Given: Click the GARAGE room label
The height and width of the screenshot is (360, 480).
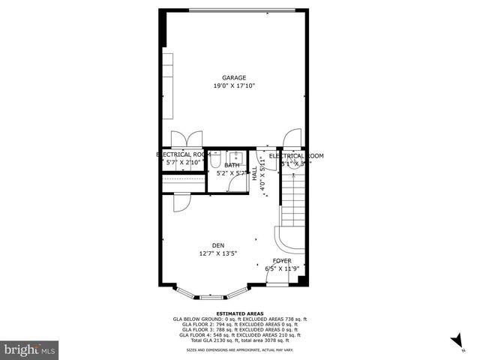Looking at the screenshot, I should coord(234,77).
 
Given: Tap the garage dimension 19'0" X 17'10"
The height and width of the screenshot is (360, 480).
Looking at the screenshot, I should coord(234,85).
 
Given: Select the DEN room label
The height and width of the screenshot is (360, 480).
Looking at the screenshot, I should coord(218,245).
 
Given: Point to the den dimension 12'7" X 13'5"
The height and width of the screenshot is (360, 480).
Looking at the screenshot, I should coord(218,253).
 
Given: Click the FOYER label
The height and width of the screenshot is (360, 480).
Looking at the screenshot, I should coord(282,261).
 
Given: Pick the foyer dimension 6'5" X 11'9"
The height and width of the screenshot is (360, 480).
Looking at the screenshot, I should coord(282,269).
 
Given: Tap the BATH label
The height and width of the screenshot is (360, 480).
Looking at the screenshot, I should coord(232,165).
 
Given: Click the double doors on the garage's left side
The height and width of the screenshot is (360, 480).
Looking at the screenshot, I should coord(184,139).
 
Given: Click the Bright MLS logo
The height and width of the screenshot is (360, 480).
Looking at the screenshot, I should coord(30,349).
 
